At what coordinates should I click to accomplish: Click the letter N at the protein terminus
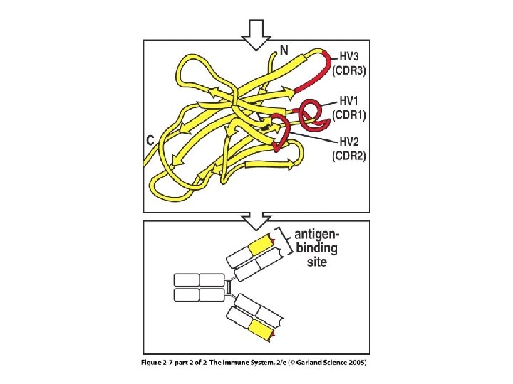284,51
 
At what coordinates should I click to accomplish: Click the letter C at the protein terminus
151,141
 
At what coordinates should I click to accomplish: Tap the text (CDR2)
350,156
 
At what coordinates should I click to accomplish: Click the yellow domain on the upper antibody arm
261,245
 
